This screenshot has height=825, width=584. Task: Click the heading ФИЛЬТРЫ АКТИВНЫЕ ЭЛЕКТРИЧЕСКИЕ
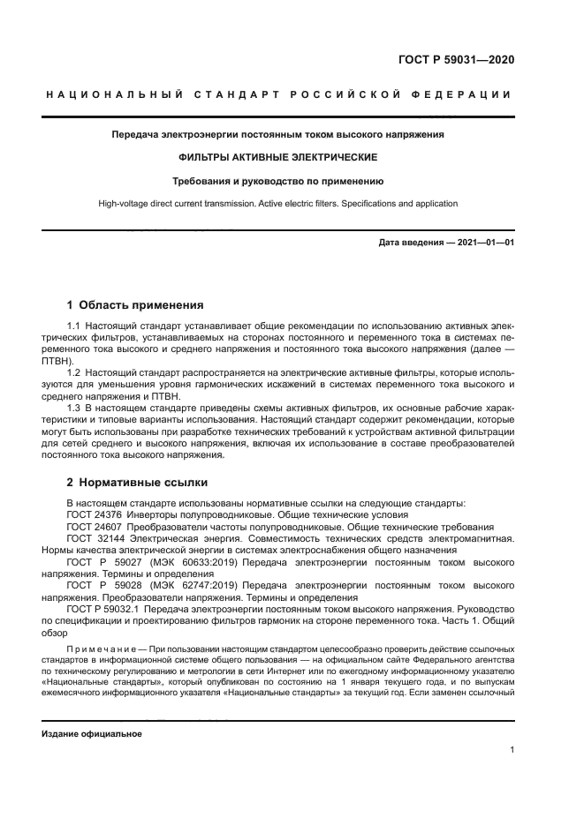(278, 157)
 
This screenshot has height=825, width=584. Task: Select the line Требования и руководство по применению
(278, 181)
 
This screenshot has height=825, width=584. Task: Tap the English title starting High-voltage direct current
(278, 204)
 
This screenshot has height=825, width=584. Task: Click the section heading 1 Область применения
(135, 305)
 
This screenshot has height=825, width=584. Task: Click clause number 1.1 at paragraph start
(74, 327)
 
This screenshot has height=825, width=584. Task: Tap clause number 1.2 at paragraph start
(74, 373)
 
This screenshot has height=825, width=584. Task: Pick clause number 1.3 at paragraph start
(74, 409)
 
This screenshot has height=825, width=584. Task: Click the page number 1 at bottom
(512, 750)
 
